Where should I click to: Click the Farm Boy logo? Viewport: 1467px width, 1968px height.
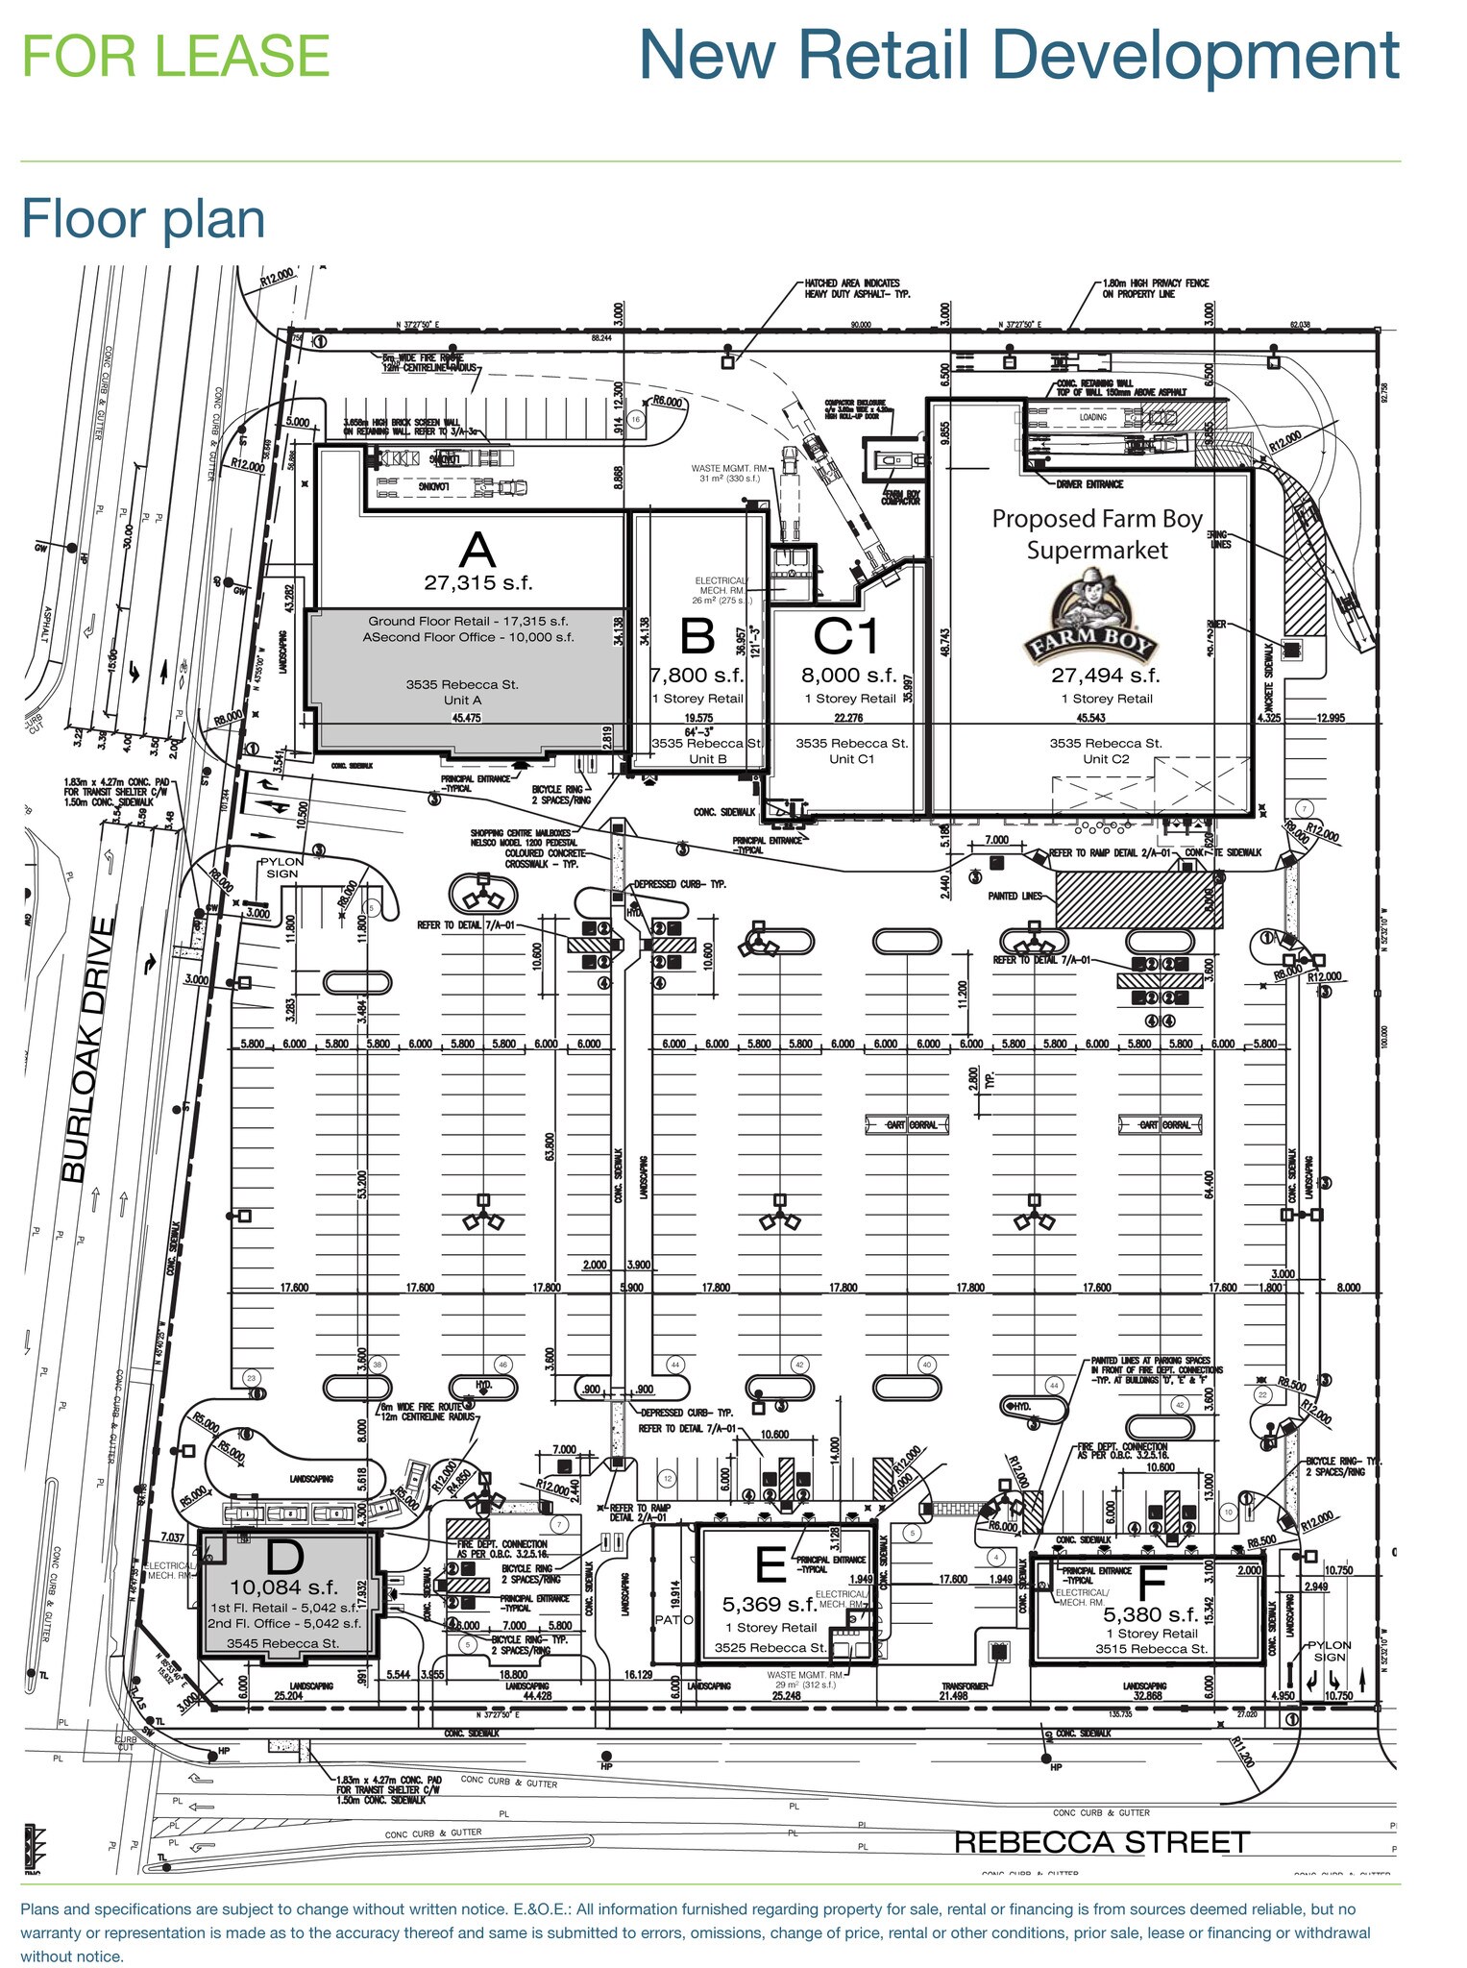pyautogui.click(x=1094, y=618)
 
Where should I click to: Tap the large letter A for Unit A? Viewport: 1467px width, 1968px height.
pyautogui.click(x=477, y=551)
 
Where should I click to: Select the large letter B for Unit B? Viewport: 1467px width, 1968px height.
pyautogui.click(x=697, y=637)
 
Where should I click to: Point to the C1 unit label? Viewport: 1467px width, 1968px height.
pyautogui.click(x=846, y=636)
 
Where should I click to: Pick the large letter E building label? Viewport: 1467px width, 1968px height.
pyautogui.click(x=770, y=1565)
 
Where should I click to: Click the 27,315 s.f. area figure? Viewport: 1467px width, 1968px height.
pyautogui.click(x=477, y=582)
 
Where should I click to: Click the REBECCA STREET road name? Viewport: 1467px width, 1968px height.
pyautogui.click(x=1101, y=1842)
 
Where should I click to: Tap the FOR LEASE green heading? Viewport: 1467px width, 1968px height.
pyautogui.click(x=176, y=55)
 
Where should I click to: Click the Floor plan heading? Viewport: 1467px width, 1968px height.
pyautogui.click(x=143, y=218)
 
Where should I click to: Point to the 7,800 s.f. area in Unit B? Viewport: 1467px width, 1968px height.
pyautogui.click(x=697, y=676)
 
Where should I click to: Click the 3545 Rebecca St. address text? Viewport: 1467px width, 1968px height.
pyautogui.click(x=282, y=1643)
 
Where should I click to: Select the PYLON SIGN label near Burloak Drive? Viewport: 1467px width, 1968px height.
pyautogui.click(x=281, y=868)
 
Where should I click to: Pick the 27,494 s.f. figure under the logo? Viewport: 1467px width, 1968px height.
pyautogui.click(x=1106, y=676)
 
